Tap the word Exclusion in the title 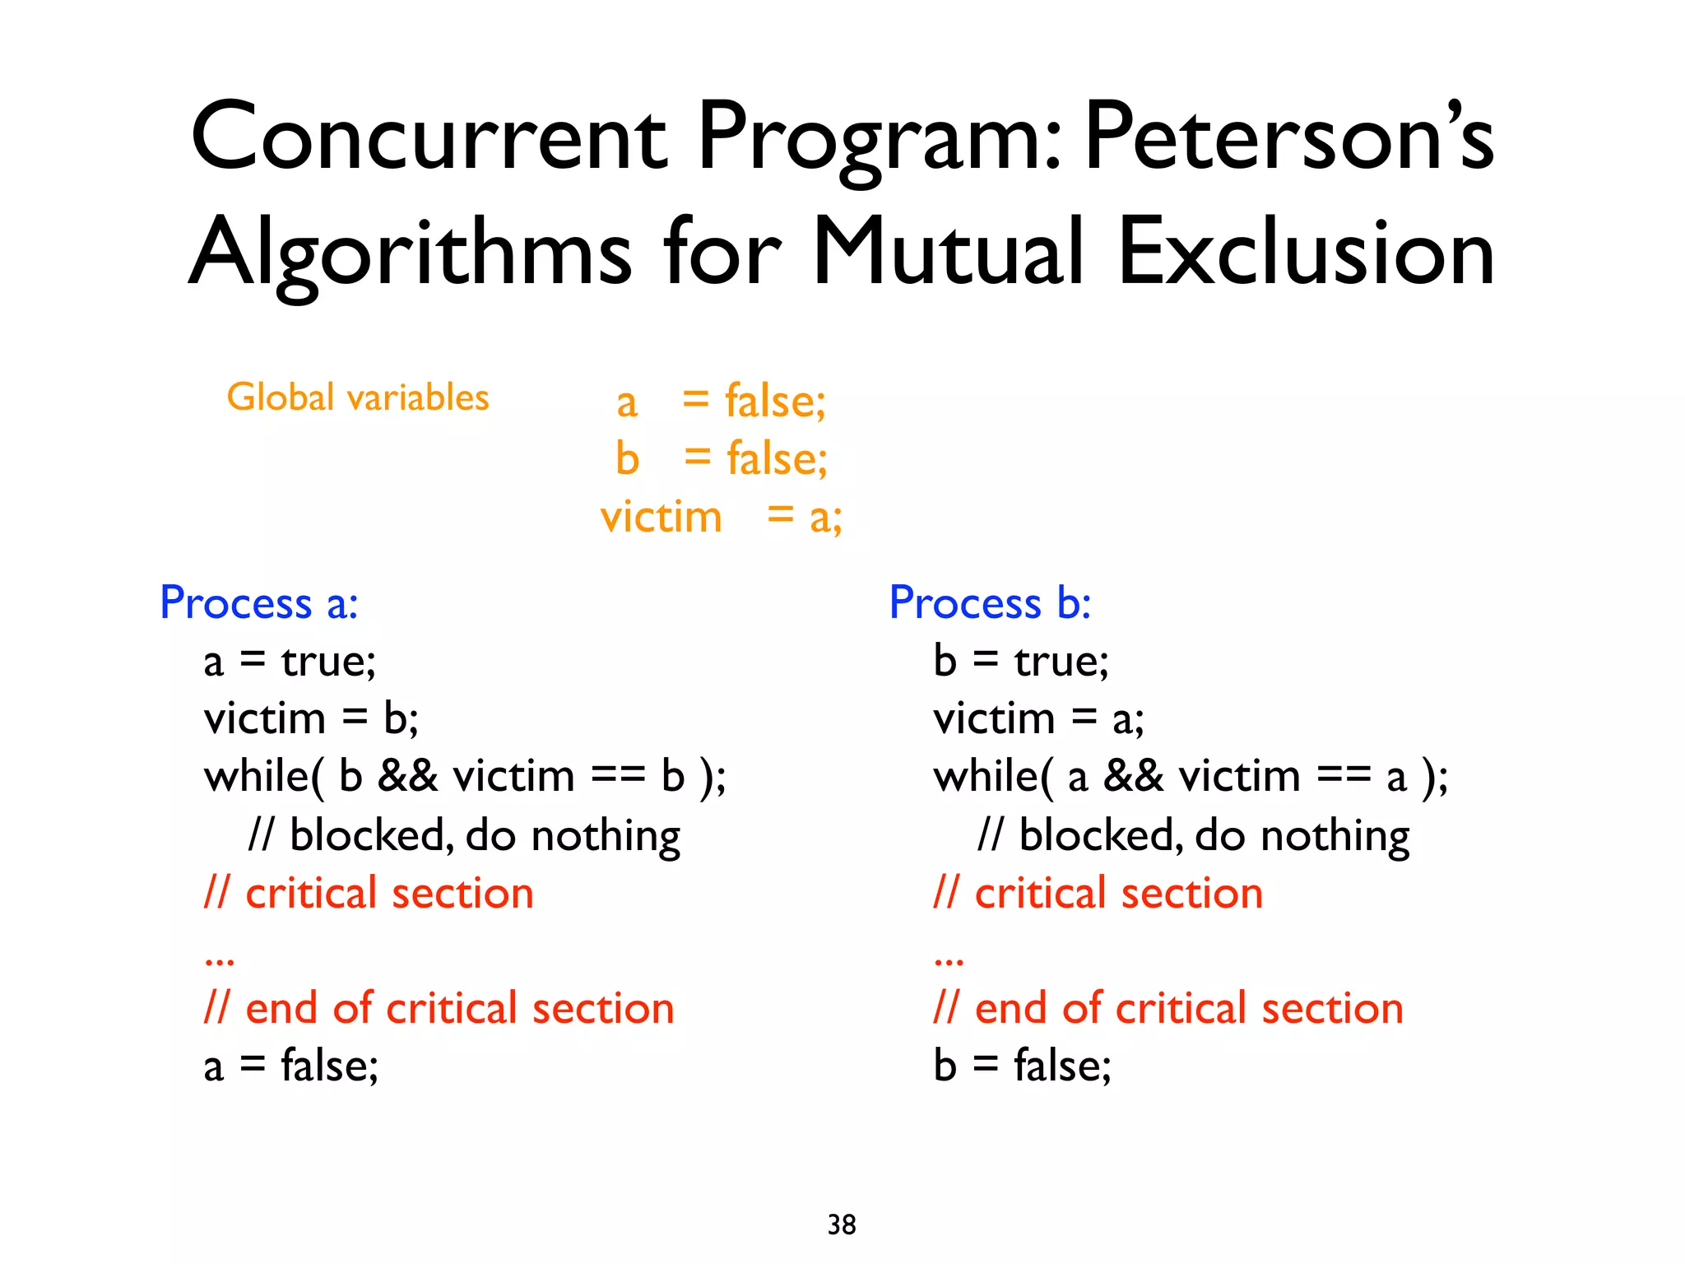click(x=1307, y=252)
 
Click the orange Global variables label click(x=358, y=397)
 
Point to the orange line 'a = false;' click(x=721, y=402)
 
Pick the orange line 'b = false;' click(x=722, y=459)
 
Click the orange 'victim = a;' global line click(x=721, y=518)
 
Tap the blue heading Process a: click(x=259, y=603)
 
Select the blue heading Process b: click(x=990, y=603)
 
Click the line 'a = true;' click(x=290, y=662)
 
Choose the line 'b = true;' click(x=1021, y=662)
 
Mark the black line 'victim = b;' click(x=311, y=719)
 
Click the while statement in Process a click(x=465, y=777)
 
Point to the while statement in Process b click(x=1191, y=777)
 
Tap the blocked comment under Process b click(x=1194, y=836)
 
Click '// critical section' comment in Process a click(x=369, y=894)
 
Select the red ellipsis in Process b click(x=949, y=960)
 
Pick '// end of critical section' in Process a click(x=439, y=1009)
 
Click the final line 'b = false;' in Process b click(x=1022, y=1066)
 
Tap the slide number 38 click(x=842, y=1224)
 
